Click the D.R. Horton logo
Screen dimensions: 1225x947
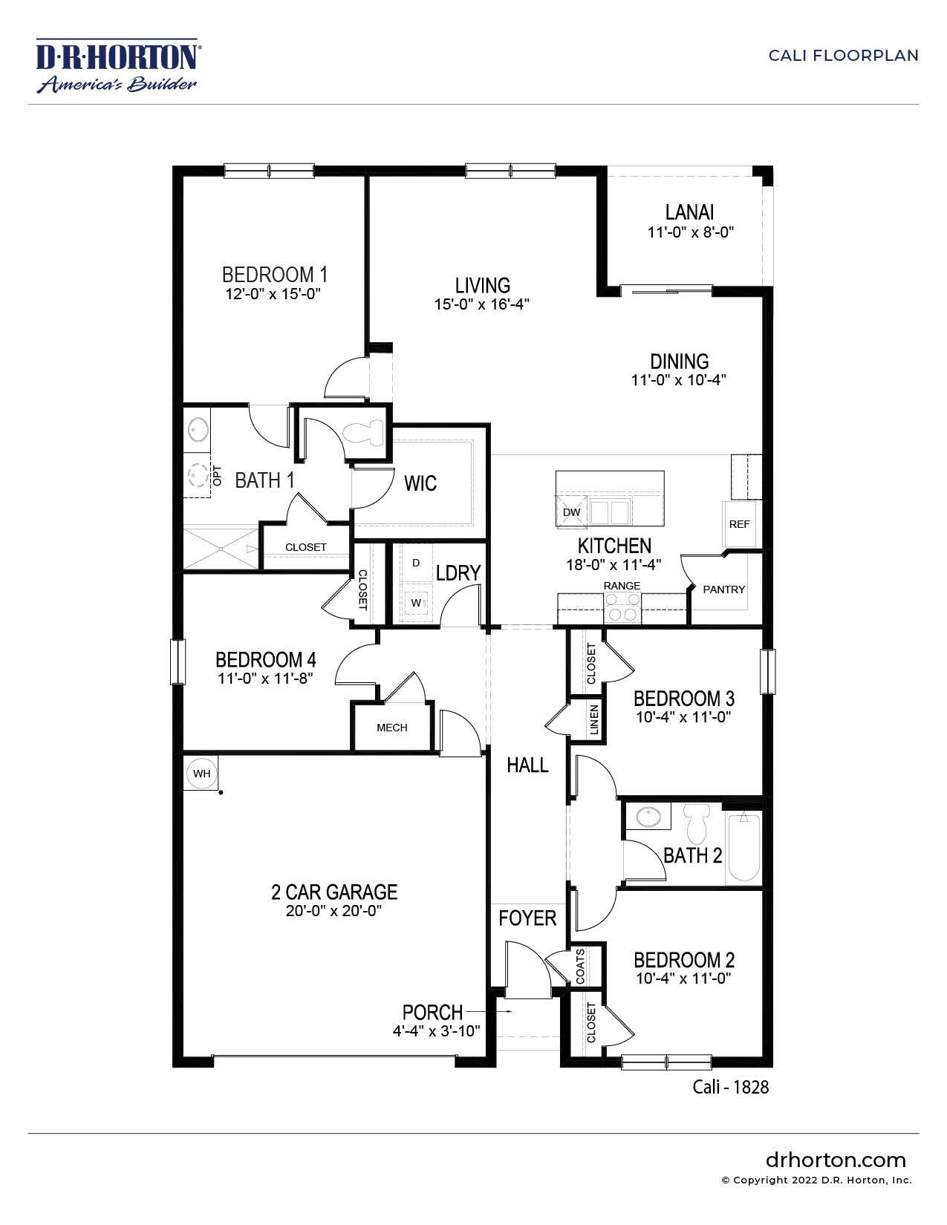coord(117,66)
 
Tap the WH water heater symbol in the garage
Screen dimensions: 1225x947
coord(201,774)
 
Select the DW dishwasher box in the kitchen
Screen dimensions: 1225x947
coord(571,512)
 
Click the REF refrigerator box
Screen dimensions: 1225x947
coord(740,523)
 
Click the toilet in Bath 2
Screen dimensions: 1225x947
coord(697,823)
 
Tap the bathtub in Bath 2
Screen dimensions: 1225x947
coord(743,849)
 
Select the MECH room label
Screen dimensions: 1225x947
coord(391,728)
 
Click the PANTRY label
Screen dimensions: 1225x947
coord(723,589)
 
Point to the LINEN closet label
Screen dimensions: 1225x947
coord(594,719)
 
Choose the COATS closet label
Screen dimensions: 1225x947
coord(580,966)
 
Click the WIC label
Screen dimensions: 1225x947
coord(420,484)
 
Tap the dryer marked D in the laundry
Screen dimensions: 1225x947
coord(416,563)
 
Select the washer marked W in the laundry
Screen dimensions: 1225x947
coord(416,602)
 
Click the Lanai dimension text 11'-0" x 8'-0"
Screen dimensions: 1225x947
coord(690,232)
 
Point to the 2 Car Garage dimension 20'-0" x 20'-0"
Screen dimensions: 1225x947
coord(334,911)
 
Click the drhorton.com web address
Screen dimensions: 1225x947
coord(836,1160)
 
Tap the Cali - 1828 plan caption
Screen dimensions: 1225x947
coord(730,1087)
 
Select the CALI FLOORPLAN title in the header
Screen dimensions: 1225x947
coord(843,56)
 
